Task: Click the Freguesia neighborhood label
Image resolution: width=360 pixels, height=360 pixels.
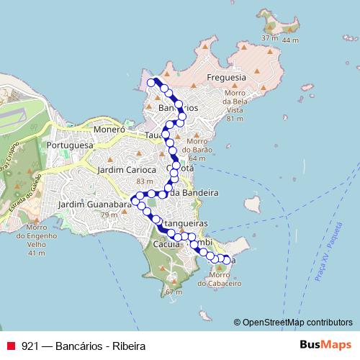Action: (226, 77)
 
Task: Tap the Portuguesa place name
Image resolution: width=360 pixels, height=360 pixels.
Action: (70, 145)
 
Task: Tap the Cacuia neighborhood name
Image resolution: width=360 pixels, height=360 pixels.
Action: (166, 246)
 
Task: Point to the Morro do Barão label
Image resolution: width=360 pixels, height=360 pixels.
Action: (199, 149)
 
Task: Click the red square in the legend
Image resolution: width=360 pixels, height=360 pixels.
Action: (9, 346)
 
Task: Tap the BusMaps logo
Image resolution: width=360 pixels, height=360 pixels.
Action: (328, 346)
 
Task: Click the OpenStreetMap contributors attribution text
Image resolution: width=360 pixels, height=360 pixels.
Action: (297, 323)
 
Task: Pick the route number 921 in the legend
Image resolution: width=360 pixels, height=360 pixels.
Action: (30, 346)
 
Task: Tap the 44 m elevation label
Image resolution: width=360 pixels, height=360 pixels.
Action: (290, 41)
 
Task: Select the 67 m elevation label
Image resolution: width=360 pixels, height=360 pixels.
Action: (174, 292)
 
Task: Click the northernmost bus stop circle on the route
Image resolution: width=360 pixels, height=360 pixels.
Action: (152, 83)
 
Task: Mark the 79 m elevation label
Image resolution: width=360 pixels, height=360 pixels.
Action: (109, 215)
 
